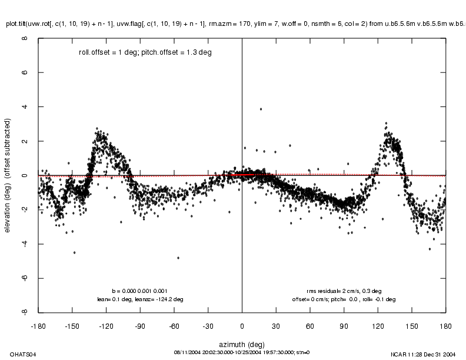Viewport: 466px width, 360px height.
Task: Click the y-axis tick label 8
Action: [x=24, y=39]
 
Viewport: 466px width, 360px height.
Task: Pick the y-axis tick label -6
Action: [x=24, y=278]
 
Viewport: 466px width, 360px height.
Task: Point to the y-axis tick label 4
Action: [x=24, y=107]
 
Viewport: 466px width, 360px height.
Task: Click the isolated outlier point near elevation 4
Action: [x=261, y=109]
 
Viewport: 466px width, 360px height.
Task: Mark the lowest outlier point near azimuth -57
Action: [x=178, y=258]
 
